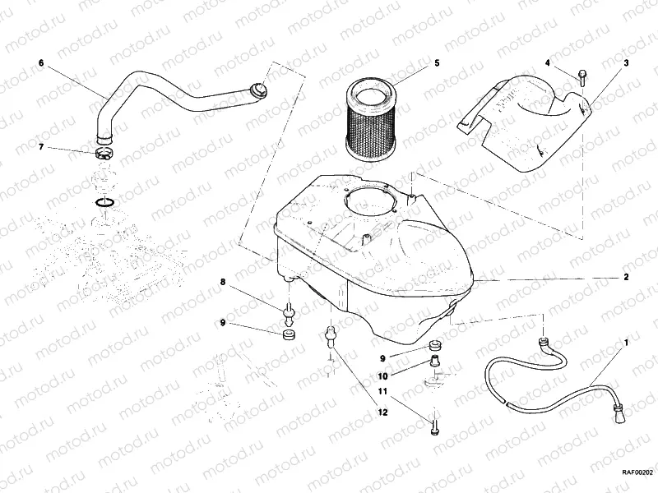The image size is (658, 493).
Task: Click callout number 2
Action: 626,277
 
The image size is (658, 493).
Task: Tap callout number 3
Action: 626,62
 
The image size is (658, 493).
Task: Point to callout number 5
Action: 437,62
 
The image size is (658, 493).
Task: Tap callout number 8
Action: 221,282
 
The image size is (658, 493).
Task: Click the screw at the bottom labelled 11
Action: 433,426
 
